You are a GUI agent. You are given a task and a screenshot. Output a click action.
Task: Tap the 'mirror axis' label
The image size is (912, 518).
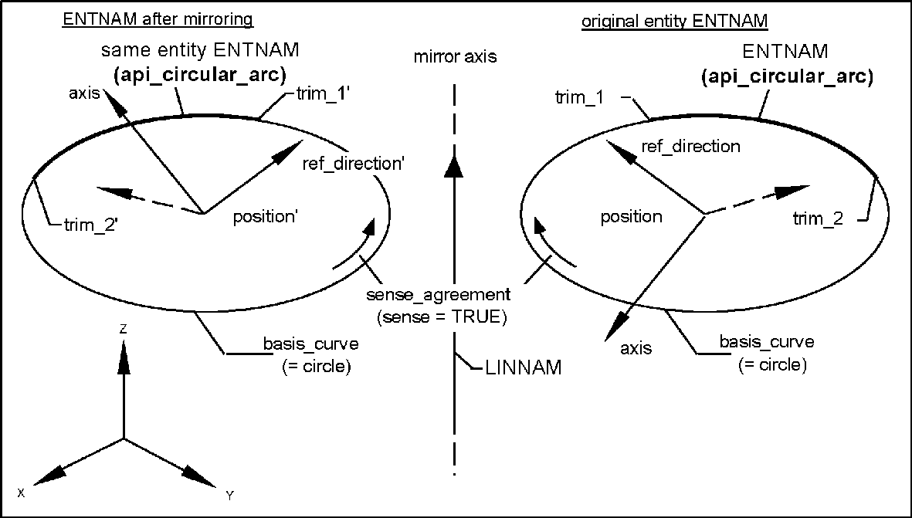455,56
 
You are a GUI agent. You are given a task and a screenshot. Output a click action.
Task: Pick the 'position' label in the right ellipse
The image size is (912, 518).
632,217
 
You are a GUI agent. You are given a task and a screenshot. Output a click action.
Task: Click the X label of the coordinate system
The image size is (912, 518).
22,493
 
